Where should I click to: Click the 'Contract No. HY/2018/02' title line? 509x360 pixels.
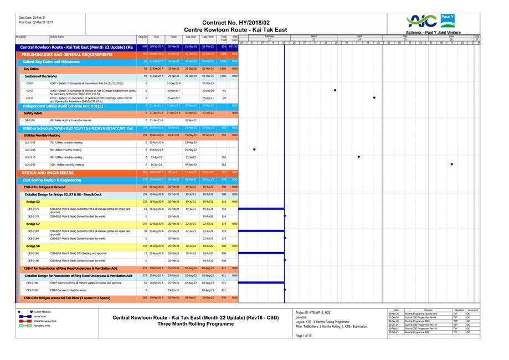[236, 22]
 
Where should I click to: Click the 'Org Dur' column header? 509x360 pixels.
[142, 37]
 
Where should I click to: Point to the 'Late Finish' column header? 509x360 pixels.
[208, 37]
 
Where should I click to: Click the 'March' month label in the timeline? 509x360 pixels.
[313, 35]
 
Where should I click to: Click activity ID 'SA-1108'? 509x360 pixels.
[30, 120]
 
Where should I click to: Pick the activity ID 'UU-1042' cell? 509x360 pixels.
[30, 164]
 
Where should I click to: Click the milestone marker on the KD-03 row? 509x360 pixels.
[335, 90]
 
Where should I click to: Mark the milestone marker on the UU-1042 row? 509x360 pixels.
[452, 164]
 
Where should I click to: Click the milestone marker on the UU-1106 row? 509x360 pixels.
[254, 150]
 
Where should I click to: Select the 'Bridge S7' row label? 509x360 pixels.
[33, 224]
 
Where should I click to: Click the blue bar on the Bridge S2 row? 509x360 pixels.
[260, 209]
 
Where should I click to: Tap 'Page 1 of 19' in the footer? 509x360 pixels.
[304, 336]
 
